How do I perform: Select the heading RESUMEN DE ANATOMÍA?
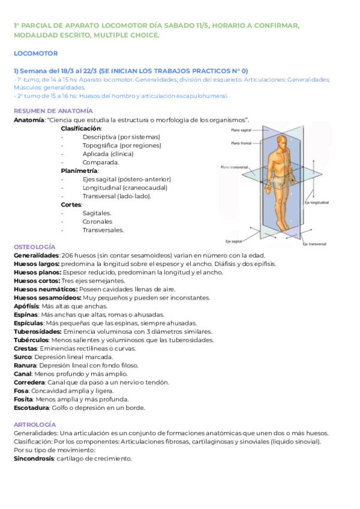[x=53, y=111]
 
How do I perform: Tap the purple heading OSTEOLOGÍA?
[x=34, y=247]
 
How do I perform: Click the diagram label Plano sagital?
[x=242, y=130]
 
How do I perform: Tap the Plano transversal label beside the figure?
[x=235, y=167]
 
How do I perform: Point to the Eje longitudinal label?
[x=316, y=203]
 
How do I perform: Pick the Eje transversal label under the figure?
[x=314, y=244]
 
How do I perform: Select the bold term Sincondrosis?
[x=33, y=459]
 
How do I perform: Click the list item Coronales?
[x=97, y=221]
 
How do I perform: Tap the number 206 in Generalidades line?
[x=69, y=255]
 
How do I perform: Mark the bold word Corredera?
[x=31, y=382]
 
